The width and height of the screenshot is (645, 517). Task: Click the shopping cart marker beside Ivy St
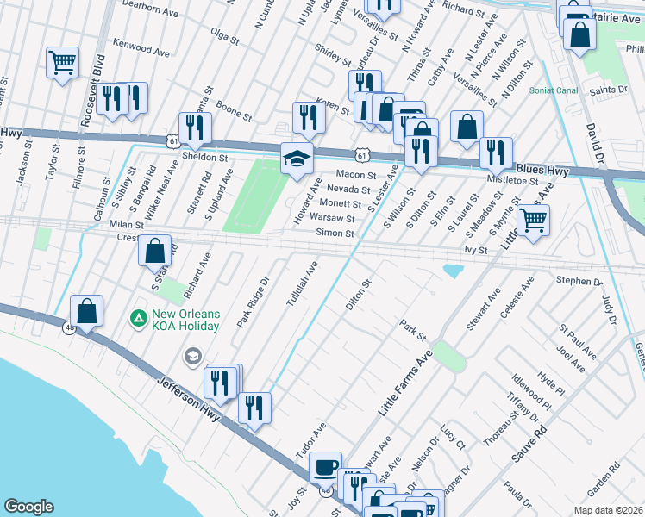click(533, 220)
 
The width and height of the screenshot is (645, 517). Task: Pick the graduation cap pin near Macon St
click(297, 158)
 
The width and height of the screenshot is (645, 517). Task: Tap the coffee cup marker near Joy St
click(325, 467)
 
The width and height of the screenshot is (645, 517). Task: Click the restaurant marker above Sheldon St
click(195, 128)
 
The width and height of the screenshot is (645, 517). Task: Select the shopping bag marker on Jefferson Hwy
click(87, 310)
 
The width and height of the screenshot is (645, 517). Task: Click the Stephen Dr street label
click(579, 280)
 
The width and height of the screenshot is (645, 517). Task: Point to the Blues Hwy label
click(542, 171)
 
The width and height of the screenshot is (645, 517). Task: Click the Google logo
click(29, 507)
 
